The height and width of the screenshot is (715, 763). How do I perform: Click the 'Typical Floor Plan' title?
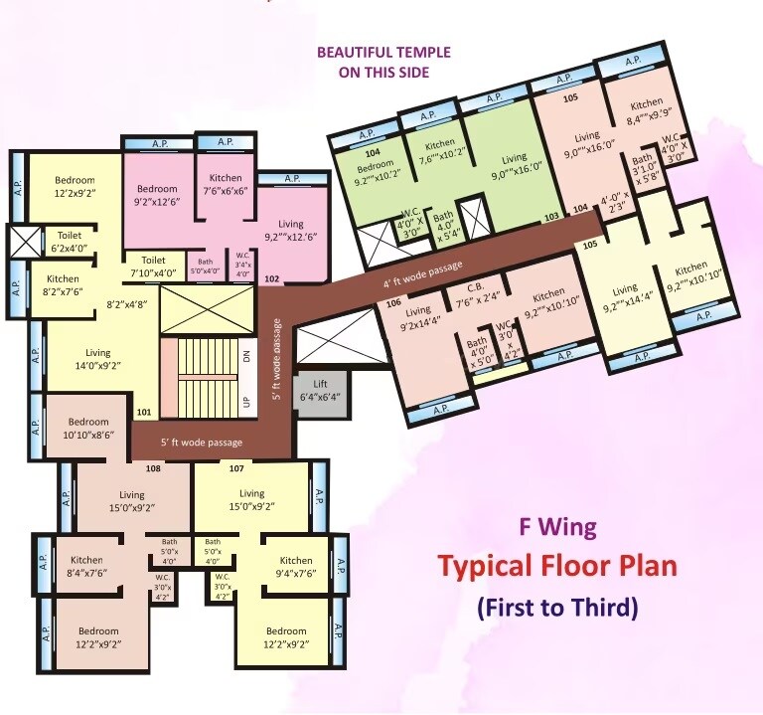point(557,567)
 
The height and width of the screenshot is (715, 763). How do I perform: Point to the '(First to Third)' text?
point(557,606)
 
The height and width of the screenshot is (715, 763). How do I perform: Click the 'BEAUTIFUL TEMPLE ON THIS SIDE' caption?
point(382,62)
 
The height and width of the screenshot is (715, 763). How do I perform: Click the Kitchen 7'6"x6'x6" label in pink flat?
point(226,183)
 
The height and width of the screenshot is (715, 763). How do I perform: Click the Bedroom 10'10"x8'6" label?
point(88,428)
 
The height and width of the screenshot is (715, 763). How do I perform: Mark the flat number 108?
point(154,467)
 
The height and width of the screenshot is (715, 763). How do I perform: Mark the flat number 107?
point(236,467)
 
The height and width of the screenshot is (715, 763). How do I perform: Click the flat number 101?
point(143,412)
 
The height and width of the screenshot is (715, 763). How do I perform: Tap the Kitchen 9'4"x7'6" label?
point(295,567)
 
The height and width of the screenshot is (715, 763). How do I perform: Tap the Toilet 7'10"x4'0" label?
point(152,266)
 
